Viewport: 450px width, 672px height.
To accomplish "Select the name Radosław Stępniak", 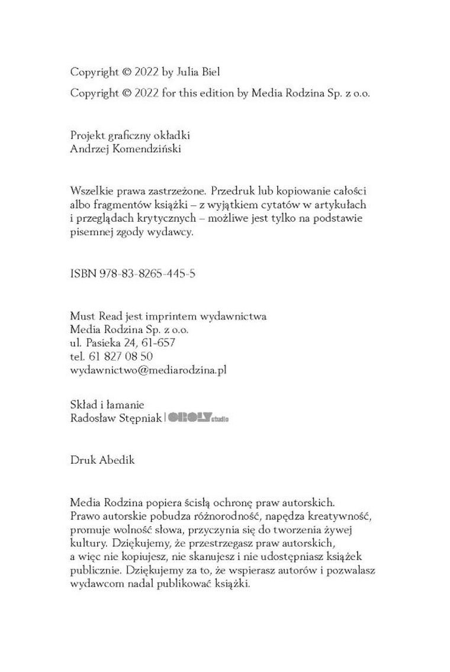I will point(115,418).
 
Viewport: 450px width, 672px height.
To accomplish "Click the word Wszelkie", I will point(90,192).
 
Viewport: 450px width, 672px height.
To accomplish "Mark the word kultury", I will point(86,543).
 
